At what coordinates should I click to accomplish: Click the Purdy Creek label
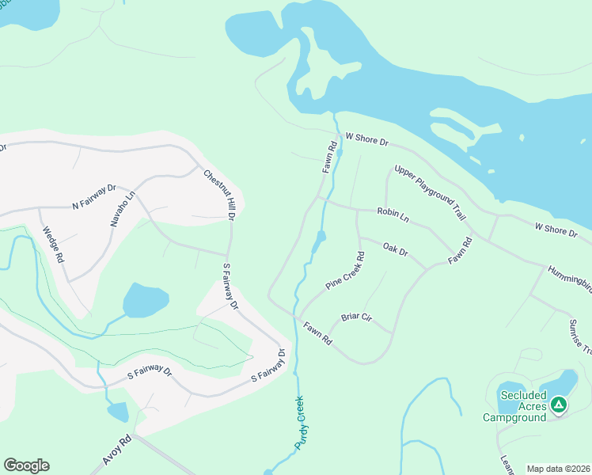(300, 424)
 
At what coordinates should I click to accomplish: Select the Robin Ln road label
(393, 213)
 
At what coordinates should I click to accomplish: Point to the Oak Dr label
(394, 250)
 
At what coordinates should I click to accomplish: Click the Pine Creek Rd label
(345, 271)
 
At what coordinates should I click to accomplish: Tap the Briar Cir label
(356, 317)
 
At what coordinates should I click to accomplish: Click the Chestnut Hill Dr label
(220, 195)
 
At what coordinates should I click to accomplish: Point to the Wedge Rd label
(53, 245)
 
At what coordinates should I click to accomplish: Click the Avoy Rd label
(116, 450)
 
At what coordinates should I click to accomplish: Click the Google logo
(26, 465)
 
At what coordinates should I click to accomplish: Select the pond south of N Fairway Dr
(146, 300)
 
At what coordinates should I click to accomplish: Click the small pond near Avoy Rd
(117, 412)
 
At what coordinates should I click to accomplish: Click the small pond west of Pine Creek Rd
(318, 241)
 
